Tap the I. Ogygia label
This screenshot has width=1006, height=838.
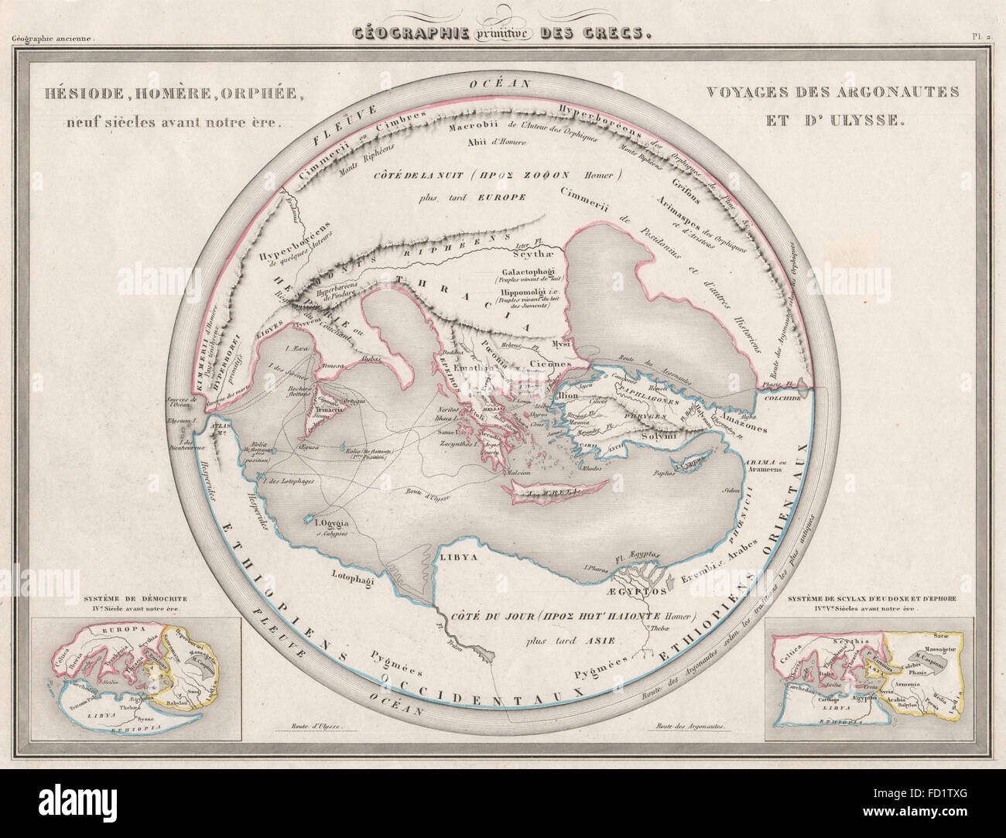(327, 522)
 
